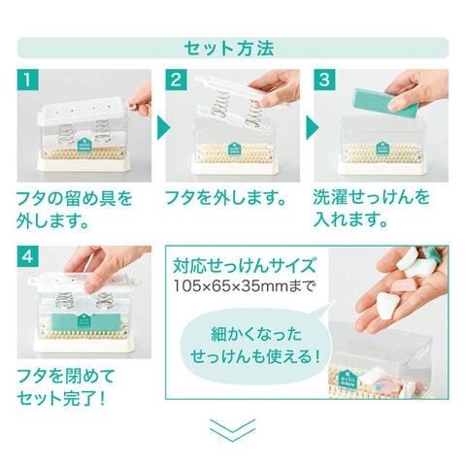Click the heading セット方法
[229, 49]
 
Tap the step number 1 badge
[27, 80]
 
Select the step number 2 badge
[176, 80]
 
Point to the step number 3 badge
[324, 80]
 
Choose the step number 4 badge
[27, 256]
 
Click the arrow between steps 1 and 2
[163, 128]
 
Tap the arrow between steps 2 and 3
[313, 128]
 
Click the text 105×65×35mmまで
[245, 286]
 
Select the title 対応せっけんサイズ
[245, 266]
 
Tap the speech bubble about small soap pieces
[255, 345]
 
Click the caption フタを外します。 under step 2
[226, 198]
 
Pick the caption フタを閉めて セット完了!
[65, 387]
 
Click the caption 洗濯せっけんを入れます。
[372, 209]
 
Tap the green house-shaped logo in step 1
[84, 144]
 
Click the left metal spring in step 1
[67, 133]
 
